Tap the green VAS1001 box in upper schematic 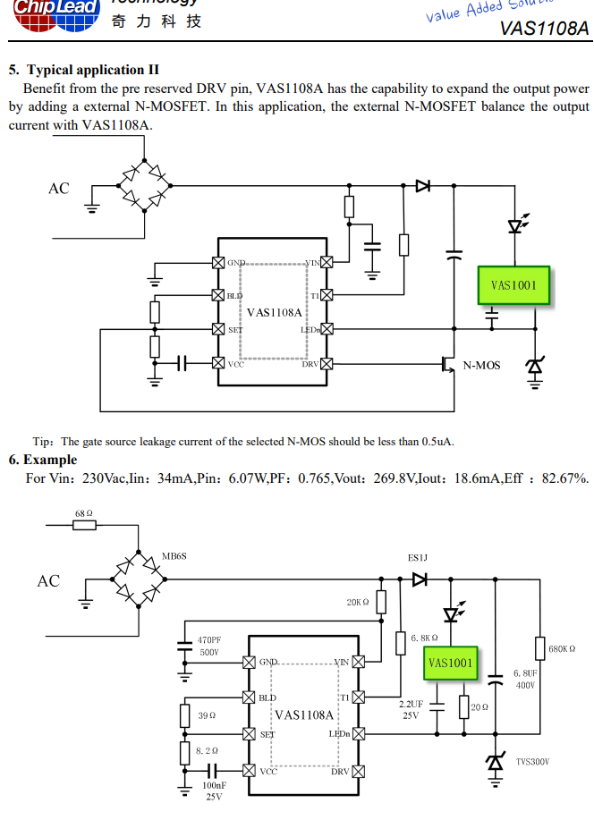click(x=513, y=286)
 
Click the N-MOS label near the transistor click(x=481, y=365)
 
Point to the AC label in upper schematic click(x=58, y=189)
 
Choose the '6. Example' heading click(x=43, y=460)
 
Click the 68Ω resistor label click(x=84, y=513)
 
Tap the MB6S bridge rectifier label click(x=174, y=556)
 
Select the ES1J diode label click(x=418, y=558)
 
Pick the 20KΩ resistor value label click(x=358, y=603)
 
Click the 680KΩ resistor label click(x=562, y=648)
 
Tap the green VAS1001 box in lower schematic click(x=450, y=663)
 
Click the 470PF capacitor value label click(x=208, y=640)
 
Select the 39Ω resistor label click(x=207, y=715)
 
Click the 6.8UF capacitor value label click(x=525, y=672)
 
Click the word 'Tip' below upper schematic click(x=42, y=442)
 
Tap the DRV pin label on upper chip click(x=310, y=364)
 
